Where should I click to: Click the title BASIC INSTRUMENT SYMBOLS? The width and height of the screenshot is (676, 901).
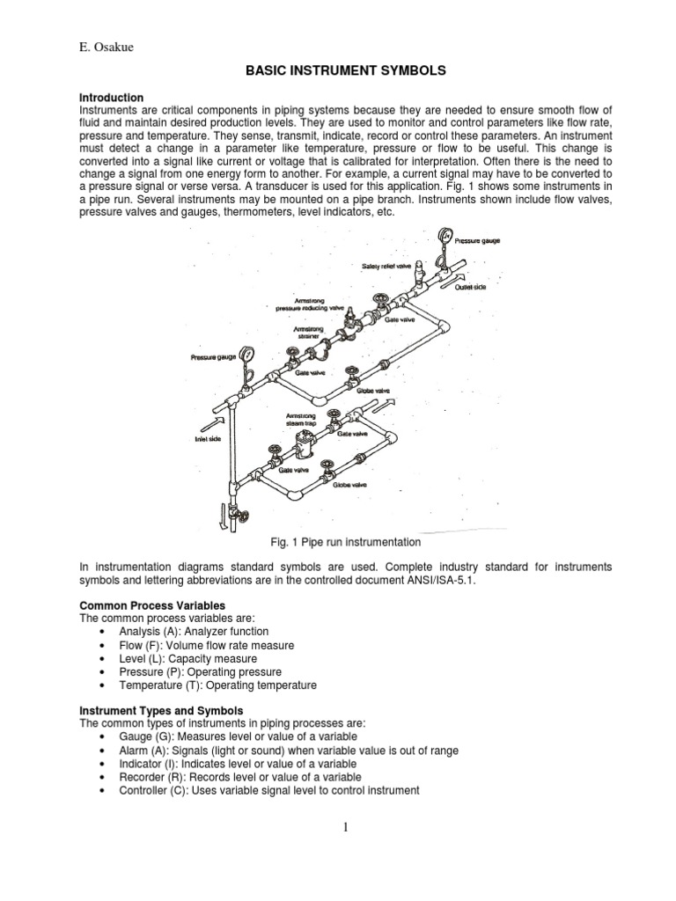click(x=337, y=71)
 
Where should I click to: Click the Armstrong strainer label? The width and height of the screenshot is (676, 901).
click(x=307, y=333)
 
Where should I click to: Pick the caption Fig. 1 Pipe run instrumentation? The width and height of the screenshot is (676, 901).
click(x=337, y=542)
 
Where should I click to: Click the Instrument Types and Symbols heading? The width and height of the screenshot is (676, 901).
click(x=161, y=710)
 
